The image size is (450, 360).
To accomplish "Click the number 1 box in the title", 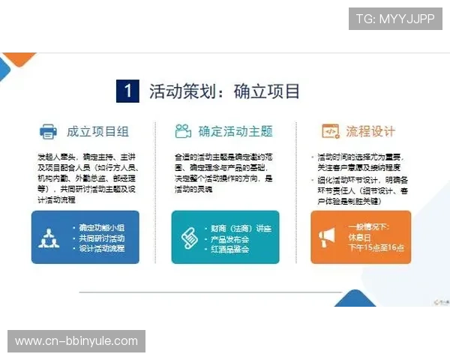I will click(128, 91).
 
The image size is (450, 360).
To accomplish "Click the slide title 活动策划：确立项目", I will click(225, 91).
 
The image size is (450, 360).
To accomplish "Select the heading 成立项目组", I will click(97, 131).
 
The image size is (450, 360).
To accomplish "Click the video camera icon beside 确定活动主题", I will click(182, 131).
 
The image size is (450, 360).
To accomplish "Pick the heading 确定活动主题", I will click(235, 131).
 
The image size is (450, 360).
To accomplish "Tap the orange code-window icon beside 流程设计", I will click(329, 131).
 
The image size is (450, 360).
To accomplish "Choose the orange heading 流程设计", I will click(370, 131).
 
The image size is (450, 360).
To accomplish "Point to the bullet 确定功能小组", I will click(101, 227).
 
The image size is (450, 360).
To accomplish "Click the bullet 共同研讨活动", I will click(101, 238).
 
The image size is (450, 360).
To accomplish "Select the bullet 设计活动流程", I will click(101, 248).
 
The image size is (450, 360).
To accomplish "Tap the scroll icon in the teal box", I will click(188, 237).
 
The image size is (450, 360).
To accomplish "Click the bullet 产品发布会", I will click(229, 238).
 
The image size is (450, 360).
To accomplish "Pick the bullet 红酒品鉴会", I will click(229, 248).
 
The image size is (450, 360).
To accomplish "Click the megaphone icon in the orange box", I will click(326, 237).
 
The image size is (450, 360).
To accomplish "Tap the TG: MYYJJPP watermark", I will click(395, 19).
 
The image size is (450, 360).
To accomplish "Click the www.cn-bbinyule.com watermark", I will click(76, 341).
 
